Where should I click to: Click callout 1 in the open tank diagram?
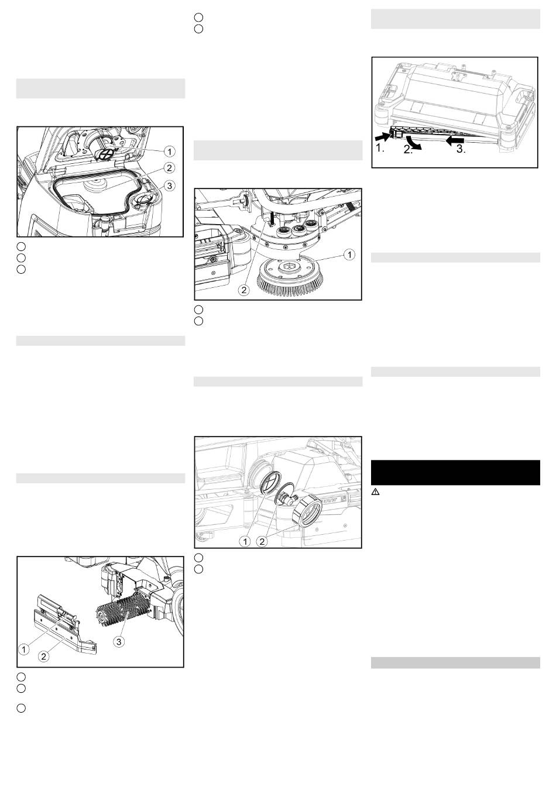pos(169,152)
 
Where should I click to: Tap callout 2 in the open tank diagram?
pos(169,168)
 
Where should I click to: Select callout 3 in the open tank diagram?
pos(169,186)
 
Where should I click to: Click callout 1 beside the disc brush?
pos(349,255)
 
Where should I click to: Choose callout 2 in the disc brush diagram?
pos(244,290)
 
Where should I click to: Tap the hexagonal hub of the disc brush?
pos(287,266)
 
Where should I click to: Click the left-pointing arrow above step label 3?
pos(455,141)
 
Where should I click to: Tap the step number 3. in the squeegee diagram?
pos(461,150)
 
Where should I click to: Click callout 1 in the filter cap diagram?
pos(245,542)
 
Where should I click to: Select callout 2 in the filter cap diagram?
pos(262,542)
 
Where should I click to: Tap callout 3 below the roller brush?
pos(119,641)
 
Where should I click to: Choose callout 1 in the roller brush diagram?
pos(23,649)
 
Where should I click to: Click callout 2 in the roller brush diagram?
pos(43,656)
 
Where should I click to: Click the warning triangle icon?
pos(375,492)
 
